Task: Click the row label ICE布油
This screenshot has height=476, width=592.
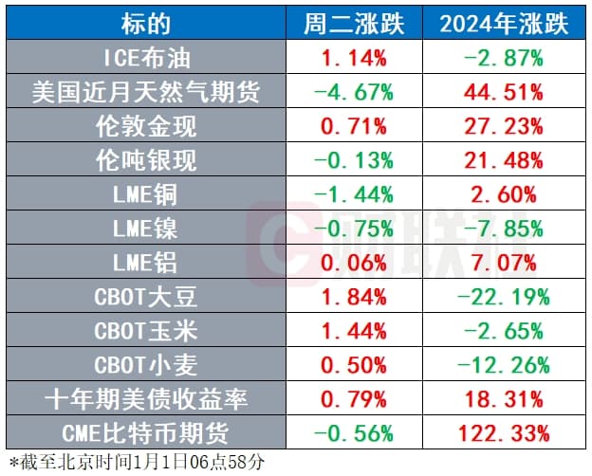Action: (146, 59)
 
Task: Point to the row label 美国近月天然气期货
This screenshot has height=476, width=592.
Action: (146, 93)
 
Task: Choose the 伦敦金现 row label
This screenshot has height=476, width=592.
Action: (146, 127)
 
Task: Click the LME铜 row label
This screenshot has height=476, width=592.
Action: (146, 195)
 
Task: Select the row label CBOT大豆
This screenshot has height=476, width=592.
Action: (146, 298)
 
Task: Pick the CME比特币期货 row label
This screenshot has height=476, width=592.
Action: (146, 434)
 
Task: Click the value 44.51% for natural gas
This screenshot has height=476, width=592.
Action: (504, 93)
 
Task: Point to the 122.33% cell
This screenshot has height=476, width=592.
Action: (504, 434)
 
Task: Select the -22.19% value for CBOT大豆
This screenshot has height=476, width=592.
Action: (504, 298)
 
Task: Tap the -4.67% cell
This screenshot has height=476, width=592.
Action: (354, 93)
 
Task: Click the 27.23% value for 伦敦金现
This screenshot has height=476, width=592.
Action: (504, 127)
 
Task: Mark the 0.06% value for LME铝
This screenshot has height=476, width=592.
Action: (354, 264)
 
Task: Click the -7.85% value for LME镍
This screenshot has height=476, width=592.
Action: (504, 229)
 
